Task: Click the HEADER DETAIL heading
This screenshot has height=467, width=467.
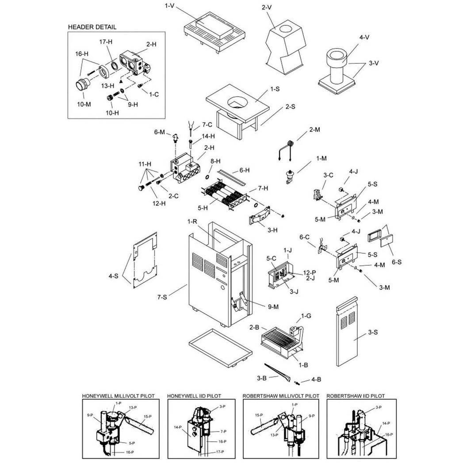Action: tap(92, 27)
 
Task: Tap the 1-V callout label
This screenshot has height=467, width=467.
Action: tap(169, 6)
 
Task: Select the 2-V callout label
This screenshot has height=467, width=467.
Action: tap(267, 7)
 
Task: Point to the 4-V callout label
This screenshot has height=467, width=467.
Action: tap(364, 38)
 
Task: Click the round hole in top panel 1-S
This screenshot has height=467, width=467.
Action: tap(237, 103)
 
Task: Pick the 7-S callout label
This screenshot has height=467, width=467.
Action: tap(162, 297)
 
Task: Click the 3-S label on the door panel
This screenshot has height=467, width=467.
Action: tap(373, 332)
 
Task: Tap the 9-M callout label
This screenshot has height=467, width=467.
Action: tap(273, 307)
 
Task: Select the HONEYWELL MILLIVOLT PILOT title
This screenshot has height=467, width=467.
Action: tap(119, 396)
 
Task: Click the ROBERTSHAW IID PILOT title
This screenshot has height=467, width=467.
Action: tap(356, 396)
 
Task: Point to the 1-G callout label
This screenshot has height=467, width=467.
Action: tap(306, 316)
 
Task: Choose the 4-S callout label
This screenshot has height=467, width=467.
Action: tap(113, 276)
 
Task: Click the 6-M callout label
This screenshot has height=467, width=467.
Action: tap(159, 132)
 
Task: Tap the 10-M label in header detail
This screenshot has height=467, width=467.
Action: tap(84, 104)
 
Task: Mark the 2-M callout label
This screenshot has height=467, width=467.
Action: tap(314, 130)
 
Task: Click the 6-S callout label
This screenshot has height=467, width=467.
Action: tap(396, 262)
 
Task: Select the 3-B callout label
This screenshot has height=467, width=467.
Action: tap(261, 378)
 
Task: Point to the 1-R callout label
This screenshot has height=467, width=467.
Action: tap(192, 222)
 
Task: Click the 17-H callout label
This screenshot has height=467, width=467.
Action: tap(106, 42)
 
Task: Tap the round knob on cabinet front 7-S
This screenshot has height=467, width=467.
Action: tap(223, 288)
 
